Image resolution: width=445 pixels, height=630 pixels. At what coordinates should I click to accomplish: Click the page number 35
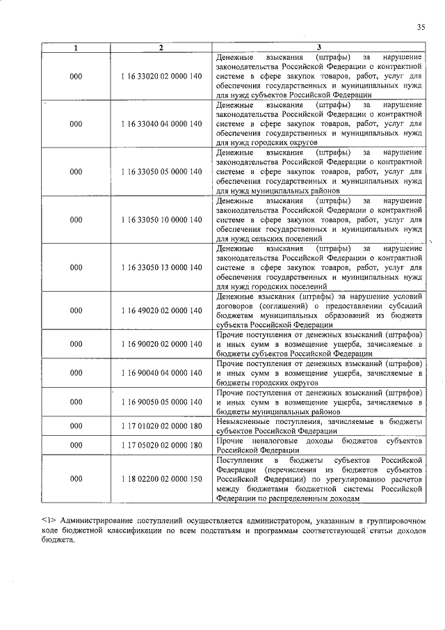[421, 27]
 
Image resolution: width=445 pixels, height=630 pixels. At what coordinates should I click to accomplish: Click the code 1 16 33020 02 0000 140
[161, 75]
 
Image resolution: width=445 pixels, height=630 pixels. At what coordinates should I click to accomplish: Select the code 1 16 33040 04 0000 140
[161, 123]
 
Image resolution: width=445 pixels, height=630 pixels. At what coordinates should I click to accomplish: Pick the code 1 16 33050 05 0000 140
[161, 171]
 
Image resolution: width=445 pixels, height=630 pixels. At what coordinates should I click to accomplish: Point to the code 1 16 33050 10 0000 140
[161, 219]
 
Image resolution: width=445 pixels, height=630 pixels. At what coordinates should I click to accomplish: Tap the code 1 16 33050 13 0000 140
[161, 267]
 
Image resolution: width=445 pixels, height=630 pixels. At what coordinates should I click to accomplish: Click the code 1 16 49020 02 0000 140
[161, 310]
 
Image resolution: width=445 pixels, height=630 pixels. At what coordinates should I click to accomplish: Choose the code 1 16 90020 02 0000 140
[161, 344]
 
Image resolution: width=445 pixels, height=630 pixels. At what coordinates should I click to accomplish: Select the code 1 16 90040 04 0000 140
[161, 373]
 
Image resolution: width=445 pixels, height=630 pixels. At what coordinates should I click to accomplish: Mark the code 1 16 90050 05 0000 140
[161, 402]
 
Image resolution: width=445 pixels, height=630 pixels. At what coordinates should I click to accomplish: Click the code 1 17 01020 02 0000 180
[161, 426]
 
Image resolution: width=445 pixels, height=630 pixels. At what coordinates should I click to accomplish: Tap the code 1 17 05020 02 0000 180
[161, 446]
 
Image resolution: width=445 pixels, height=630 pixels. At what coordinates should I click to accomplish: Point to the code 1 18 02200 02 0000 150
[161, 479]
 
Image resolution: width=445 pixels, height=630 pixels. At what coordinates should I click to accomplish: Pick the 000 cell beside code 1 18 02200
[76, 479]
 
